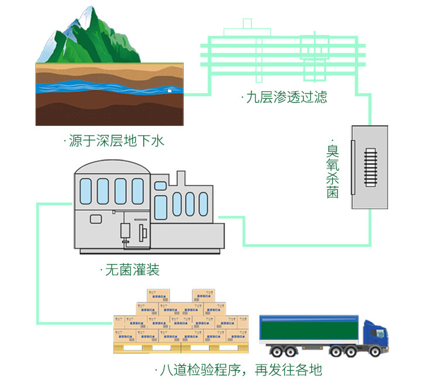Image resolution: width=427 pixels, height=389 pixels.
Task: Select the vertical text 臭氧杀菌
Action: [332, 170]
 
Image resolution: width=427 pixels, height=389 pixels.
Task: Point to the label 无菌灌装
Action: [132, 270]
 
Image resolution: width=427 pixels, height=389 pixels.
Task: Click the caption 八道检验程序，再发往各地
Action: [240, 370]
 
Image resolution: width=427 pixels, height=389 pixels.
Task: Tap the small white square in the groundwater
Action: [170, 91]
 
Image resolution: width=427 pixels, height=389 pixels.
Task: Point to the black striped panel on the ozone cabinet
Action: [370, 167]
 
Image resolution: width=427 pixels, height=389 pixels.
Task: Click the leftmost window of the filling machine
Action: [85, 191]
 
